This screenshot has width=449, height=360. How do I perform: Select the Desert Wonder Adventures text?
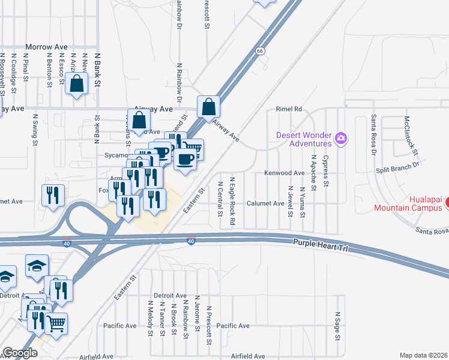point(304,139)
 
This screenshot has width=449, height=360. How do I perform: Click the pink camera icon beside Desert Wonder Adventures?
point(341,139)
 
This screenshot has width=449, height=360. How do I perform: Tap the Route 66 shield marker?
point(259,51)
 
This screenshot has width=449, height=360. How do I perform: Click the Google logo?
point(20,353)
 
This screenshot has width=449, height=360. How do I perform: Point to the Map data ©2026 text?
point(423,355)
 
